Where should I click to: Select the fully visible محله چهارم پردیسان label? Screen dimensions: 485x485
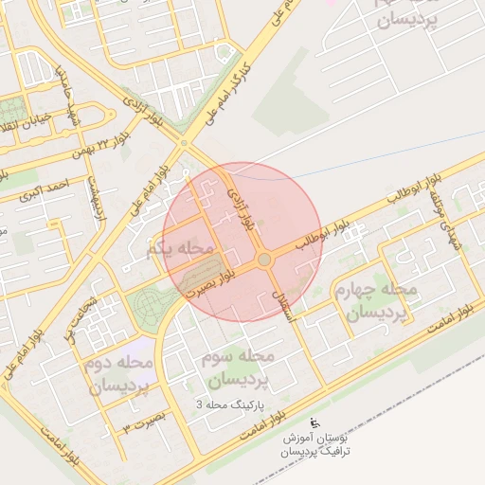[x=376, y=299]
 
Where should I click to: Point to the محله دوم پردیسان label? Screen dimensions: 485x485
[x=119, y=375]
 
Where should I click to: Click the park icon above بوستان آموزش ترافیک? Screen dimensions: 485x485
[x=315, y=422]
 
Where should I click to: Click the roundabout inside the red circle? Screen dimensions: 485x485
[x=264, y=259]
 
